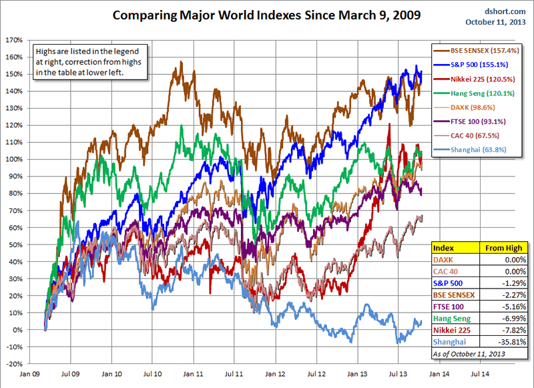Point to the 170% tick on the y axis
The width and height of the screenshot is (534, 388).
point(14,39)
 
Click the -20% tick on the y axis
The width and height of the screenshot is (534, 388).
point(14,364)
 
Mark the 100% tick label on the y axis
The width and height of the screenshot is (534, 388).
point(14,159)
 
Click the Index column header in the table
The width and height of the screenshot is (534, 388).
point(444,248)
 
